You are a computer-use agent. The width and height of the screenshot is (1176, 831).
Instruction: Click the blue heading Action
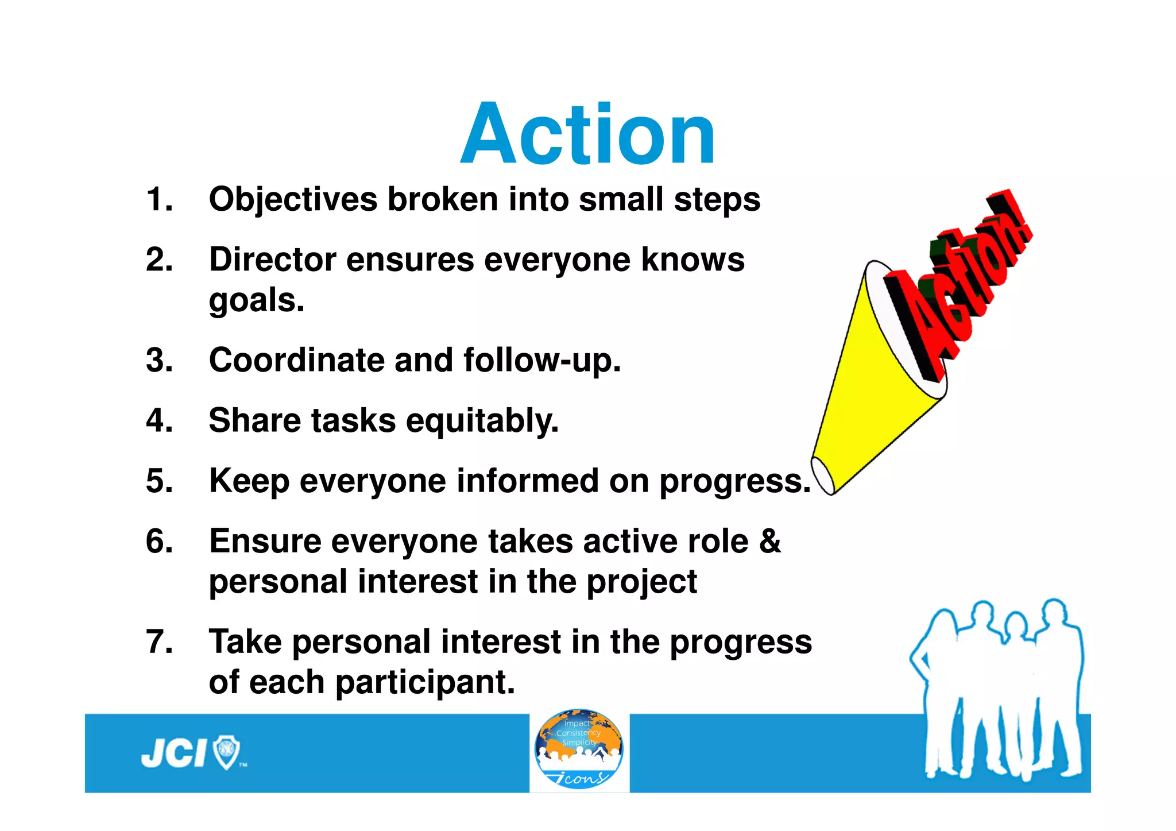click(588, 135)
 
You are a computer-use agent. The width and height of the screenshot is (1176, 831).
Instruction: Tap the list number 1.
click(158, 200)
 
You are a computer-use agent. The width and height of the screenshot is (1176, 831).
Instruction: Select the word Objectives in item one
click(293, 200)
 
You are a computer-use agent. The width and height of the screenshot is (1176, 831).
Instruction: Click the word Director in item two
click(272, 260)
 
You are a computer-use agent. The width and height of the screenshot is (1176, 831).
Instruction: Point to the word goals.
click(256, 301)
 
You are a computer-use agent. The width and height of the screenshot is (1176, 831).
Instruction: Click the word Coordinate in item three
click(296, 361)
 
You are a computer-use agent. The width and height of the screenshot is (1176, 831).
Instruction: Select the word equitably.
click(482, 422)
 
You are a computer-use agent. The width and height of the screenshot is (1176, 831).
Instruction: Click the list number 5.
click(158, 481)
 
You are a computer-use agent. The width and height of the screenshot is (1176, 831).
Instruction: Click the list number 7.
click(158, 642)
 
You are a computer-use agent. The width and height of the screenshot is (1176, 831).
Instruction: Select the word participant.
click(424, 683)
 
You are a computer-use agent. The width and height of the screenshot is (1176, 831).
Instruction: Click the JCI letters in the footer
click(173, 753)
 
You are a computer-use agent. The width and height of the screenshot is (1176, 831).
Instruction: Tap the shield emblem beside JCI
click(226, 752)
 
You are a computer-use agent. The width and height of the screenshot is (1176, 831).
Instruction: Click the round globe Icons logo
click(579, 749)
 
